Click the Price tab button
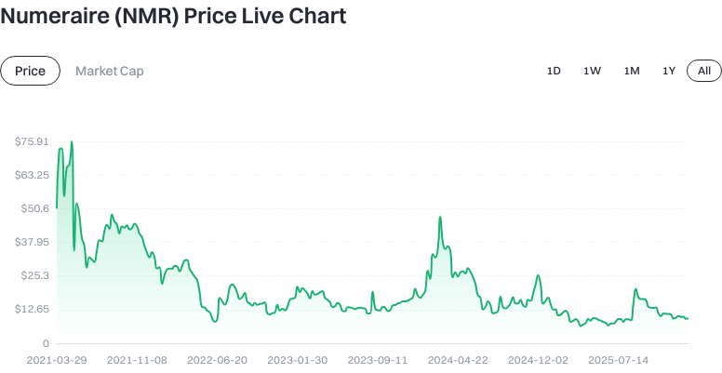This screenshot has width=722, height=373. click(x=31, y=71)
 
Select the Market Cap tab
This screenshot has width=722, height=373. click(x=109, y=71)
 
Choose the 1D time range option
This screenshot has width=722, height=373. click(x=554, y=71)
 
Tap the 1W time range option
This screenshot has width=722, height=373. click(x=592, y=71)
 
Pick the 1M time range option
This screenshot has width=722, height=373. click(x=632, y=71)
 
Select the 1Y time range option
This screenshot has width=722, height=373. click(x=669, y=71)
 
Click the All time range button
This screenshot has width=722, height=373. click(x=704, y=71)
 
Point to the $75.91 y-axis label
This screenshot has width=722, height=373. click(x=32, y=141)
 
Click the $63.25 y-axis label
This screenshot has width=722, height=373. click(x=32, y=175)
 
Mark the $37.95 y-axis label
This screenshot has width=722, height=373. click(x=32, y=242)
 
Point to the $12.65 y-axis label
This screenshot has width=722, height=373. click(x=32, y=309)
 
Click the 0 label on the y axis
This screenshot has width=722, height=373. click(x=45, y=343)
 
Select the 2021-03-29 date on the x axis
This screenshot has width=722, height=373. click(x=57, y=359)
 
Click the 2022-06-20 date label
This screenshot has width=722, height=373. click(x=217, y=359)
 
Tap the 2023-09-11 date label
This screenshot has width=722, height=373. click(x=378, y=359)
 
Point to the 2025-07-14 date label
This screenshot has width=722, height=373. click(x=618, y=359)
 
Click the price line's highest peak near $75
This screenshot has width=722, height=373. click(x=72, y=142)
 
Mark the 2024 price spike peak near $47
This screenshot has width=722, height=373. click(x=438, y=218)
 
